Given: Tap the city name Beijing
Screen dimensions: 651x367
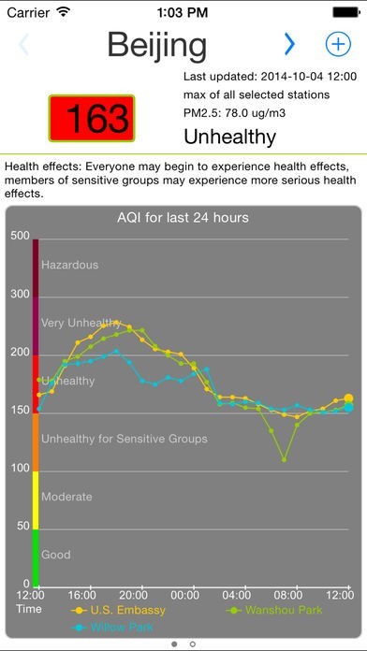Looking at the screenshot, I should [155, 44].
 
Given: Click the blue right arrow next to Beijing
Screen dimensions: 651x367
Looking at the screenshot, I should [289, 44].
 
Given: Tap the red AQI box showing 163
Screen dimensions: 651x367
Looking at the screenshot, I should [92, 118].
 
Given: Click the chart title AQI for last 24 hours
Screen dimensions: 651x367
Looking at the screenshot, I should [183, 219].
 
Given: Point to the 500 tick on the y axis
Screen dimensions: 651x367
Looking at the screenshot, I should [20, 236].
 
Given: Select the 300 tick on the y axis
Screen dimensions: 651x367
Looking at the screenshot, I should [20, 295].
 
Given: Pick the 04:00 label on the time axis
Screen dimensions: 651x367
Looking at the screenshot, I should [236, 595].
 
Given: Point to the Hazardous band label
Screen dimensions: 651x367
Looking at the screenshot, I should [69, 266].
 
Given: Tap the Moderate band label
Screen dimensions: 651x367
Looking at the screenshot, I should [67, 498].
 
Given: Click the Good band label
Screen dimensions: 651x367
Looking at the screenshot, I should [56, 556].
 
